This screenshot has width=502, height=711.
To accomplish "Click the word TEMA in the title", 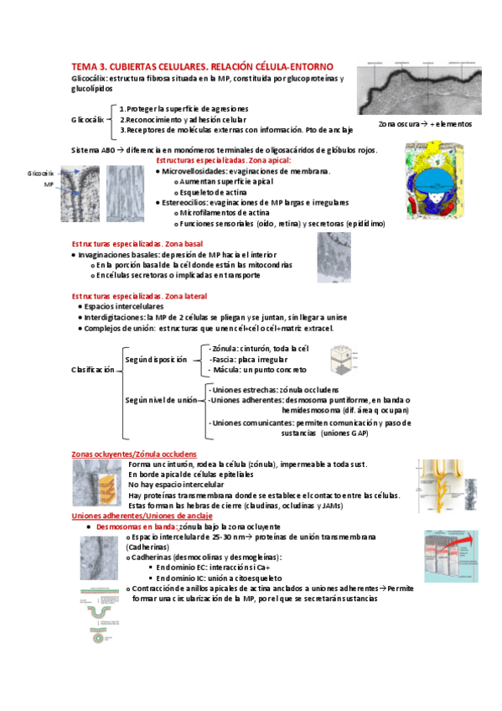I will (85, 65).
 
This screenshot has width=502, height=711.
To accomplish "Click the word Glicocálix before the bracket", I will (88, 120).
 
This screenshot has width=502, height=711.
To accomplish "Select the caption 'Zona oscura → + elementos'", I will (424, 123).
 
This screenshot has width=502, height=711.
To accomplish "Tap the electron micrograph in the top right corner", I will (425, 89).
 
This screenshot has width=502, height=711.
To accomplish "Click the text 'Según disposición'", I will (156, 359).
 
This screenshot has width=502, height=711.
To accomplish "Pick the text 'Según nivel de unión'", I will (162, 401).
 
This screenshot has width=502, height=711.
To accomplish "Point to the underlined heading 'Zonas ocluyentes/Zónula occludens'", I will (137, 454).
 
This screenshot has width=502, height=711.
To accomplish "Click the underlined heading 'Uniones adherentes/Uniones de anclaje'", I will (142, 516).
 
